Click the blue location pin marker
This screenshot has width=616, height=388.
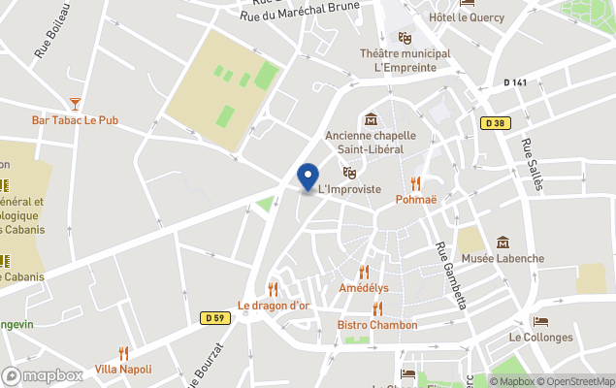pos(308,178)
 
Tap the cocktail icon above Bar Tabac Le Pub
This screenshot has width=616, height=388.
pos(75,103)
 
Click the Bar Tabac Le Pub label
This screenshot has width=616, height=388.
pos(75,120)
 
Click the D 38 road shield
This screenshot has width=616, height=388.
pos(495,123)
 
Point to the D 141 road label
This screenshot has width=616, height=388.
pos(515,83)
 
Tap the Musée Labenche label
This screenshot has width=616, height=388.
pos(503,259)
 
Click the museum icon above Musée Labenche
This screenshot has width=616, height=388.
pos(503,242)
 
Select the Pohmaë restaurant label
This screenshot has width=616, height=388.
pos(416,199)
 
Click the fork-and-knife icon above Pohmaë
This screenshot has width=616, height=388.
pos(416,182)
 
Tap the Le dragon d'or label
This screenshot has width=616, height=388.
pos(274,306)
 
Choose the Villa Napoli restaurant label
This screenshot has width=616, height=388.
pos(123,370)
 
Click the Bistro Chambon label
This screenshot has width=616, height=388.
pos(377,325)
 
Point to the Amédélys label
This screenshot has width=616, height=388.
pos(364,289)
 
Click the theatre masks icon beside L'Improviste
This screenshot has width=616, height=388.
pos(349,173)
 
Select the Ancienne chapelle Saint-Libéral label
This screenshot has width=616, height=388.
pos(370,142)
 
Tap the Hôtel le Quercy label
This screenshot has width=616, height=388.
pos(462,17)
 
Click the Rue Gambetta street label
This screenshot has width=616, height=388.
pos(452,275)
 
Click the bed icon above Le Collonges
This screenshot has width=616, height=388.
pos(540,321)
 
